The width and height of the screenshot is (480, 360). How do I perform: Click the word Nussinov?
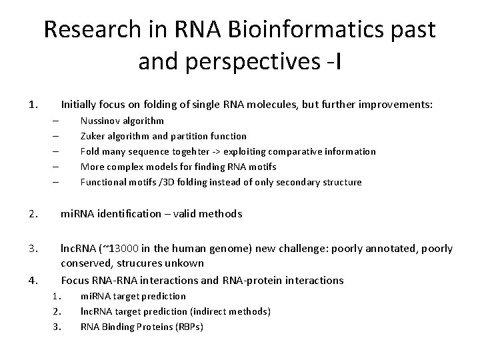[x=101, y=121]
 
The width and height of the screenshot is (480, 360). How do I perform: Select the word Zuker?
[x=93, y=136]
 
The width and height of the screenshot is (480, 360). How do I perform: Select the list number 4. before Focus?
[x=33, y=280]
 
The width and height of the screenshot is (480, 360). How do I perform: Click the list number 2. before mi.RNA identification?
[x=33, y=214]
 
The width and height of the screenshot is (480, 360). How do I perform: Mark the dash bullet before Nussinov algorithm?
[x=55, y=121]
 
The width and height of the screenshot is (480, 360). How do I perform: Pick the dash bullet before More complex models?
[x=55, y=167]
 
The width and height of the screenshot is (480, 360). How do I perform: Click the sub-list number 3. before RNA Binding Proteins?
[x=57, y=327]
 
